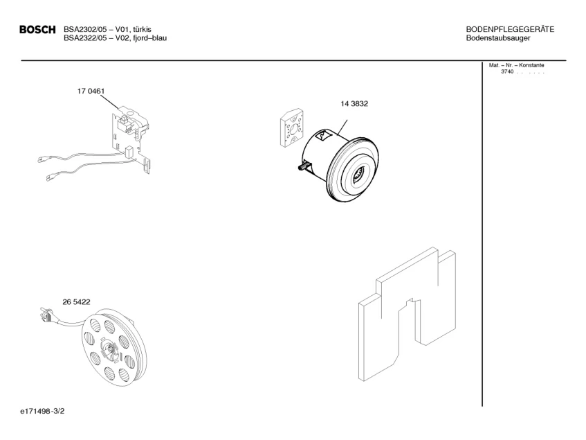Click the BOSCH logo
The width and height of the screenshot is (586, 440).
(x=37, y=30)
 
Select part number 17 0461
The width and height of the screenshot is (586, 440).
(x=91, y=91)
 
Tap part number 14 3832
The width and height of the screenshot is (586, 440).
(x=354, y=105)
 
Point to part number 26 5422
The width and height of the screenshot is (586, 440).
(x=76, y=302)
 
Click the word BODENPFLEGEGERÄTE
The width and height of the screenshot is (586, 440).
(x=510, y=29)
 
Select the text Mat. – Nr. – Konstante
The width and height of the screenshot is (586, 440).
(x=516, y=65)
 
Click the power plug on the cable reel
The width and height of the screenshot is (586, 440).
(x=46, y=317)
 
